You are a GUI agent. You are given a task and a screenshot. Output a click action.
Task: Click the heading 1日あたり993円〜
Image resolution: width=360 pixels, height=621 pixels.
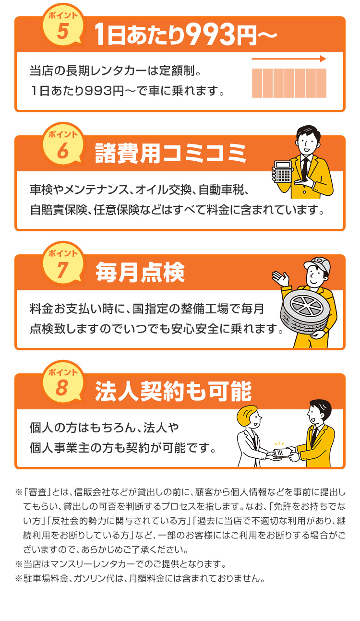185,35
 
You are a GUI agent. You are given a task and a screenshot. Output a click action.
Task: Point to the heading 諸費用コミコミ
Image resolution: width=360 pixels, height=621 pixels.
170,154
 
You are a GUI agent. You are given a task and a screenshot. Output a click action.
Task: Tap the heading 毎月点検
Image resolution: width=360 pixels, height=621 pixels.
140,273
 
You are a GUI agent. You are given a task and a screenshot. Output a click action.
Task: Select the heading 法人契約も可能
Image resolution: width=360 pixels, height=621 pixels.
173,392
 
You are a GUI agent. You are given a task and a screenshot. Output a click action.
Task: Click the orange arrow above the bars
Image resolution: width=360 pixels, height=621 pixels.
289,59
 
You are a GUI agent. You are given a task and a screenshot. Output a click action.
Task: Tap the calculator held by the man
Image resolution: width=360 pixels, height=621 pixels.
283,172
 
